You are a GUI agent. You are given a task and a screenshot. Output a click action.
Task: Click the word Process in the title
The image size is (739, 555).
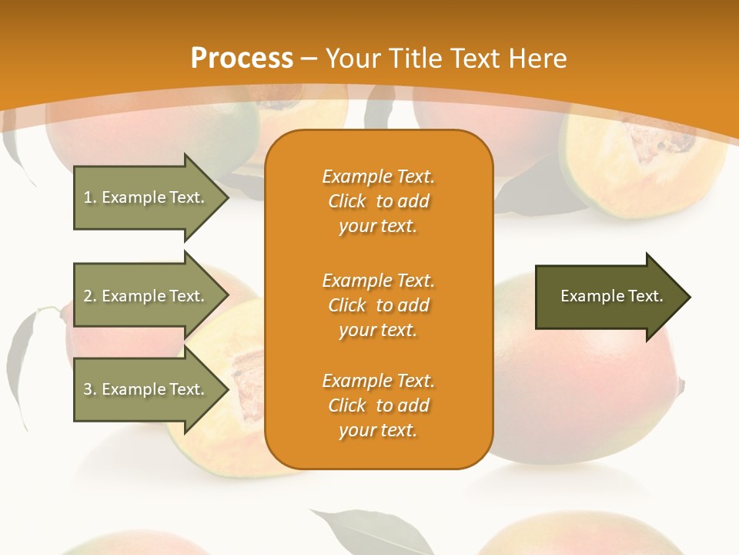pyautogui.click(x=242, y=59)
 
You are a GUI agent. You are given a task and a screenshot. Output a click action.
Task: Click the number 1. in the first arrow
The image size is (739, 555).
pyautogui.click(x=90, y=197)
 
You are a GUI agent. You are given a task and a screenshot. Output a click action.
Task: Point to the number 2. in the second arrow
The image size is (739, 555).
pyautogui.click(x=90, y=296)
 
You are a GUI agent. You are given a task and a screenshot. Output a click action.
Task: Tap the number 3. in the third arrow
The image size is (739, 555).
pyautogui.click(x=90, y=389)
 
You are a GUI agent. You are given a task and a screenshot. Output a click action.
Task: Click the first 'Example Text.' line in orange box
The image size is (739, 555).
pyautogui.click(x=378, y=177)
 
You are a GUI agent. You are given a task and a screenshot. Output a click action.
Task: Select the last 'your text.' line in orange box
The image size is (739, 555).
pyautogui.click(x=378, y=430)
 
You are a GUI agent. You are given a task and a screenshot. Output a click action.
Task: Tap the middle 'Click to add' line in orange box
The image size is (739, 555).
pyautogui.click(x=378, y=305)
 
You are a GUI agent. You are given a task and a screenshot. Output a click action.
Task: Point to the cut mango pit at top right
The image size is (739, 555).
pyautogui.click(x=658, y=143)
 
